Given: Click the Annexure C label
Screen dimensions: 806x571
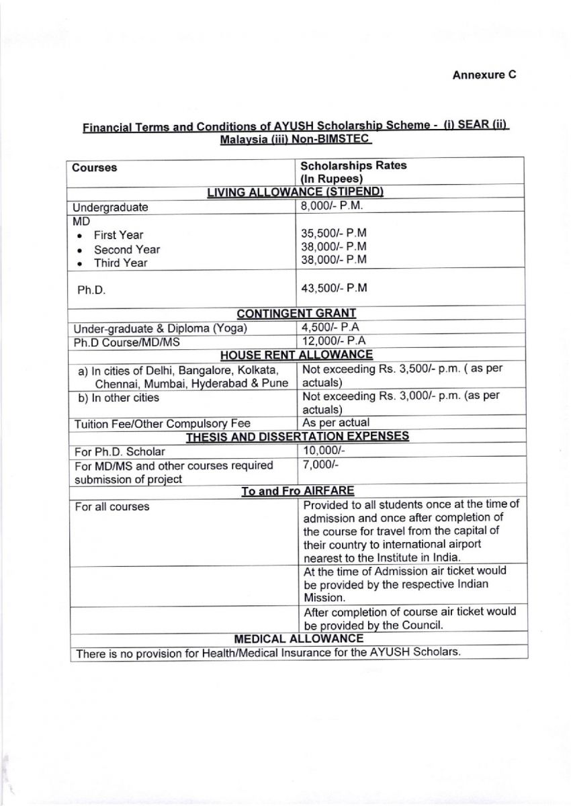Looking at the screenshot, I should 483,75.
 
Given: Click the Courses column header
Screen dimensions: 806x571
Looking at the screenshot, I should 94,167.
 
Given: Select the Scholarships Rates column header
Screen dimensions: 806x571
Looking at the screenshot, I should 353,165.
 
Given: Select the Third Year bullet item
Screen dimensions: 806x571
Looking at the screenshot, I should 120,263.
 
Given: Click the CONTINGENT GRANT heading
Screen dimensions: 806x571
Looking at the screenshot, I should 296,313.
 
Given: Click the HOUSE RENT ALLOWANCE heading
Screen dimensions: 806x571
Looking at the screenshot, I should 296,355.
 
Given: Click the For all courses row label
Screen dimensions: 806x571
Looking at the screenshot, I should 112,506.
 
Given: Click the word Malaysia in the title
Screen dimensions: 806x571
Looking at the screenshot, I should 245,140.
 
